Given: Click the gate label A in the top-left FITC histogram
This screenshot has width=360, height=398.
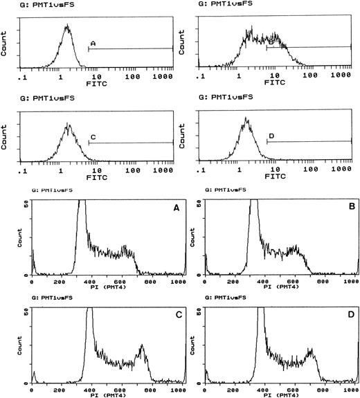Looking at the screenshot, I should tap(93, 43).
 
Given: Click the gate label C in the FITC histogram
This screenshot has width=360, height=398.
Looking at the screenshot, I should tap(93, 136).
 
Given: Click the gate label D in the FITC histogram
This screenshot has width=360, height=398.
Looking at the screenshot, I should tap(271, 136).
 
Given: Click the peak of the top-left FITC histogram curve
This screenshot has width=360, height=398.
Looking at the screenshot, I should tap(67, 27).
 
